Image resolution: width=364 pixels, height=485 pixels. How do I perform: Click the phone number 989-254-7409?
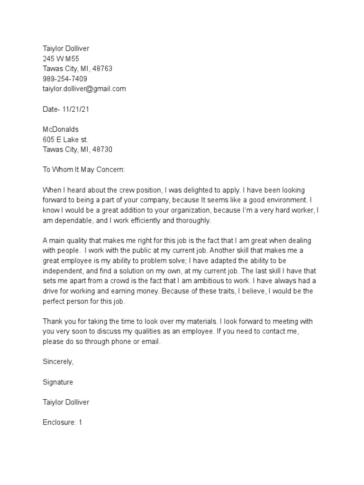pyautogui.click(x=64, y=79)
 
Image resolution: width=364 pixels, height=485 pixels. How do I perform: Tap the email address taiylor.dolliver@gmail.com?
pyautogui.click(x=84, y=89)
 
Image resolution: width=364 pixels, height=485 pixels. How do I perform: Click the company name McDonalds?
pyautogui.click(x=60, y=129)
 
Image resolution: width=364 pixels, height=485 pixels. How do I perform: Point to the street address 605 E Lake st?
pyautogui.click(x=65, y=139)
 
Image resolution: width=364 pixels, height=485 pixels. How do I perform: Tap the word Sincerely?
pyautogui.click(x=58, y=361)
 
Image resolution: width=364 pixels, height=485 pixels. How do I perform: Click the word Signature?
pyautogui.click(x=58, y=382)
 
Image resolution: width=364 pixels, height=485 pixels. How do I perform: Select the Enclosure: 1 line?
pyautogui.click(x=63, y=422)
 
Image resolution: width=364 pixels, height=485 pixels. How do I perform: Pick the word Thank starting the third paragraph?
pyautogui.click(x=53, y=321)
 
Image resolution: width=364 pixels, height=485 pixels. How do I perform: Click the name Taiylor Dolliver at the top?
pyautogui.click(x=65, y=48)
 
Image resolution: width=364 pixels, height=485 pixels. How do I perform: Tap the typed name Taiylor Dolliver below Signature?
pyautogui.click(x=65, y=402)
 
